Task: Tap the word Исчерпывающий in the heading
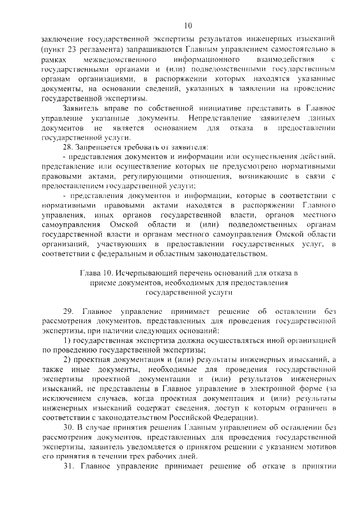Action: point(135,273)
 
